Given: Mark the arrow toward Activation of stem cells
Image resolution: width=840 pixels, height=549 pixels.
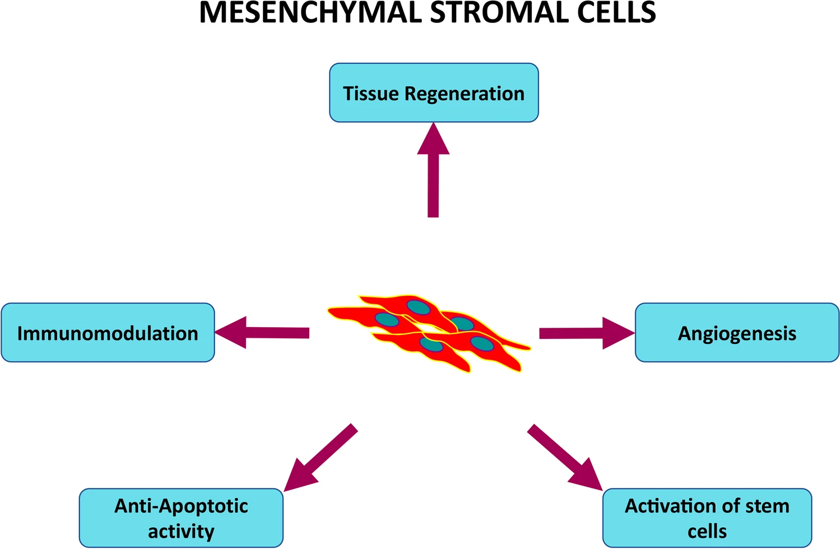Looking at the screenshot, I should click(563, 457).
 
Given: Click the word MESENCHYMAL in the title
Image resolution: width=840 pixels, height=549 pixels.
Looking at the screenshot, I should click(310, 12).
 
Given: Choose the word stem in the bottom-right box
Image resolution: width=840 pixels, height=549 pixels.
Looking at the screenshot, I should click(767, 506).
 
